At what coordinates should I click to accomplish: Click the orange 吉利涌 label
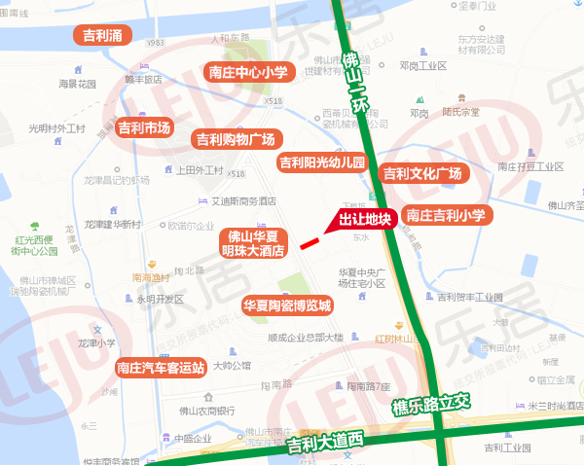(102, 35)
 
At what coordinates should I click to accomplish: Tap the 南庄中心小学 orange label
(248, 71)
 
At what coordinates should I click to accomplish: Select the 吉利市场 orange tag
(144, 127)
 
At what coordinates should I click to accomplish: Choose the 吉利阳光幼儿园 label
(321, 161)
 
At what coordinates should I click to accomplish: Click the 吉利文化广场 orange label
(421, 174)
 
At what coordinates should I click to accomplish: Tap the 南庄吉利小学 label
(445, 215)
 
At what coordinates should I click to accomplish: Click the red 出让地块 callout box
(365, 220)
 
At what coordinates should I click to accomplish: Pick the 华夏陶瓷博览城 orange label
(287, 305)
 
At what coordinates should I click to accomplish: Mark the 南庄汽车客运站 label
(160, 367)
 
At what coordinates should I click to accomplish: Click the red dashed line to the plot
(312, 239)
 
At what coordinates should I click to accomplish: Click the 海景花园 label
(78, 85)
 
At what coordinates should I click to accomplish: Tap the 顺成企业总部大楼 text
(305, 338)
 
